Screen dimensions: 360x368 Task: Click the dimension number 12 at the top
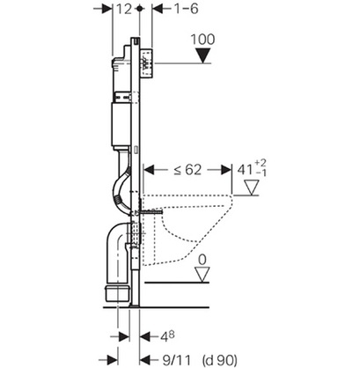pos(124,9)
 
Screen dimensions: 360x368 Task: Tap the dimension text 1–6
pos(187,9)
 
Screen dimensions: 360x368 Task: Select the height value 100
pos(202,40)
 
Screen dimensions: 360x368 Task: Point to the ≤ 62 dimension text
pos(187,170)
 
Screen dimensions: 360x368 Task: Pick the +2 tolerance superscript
pos(261,163)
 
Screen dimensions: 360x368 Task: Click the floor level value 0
pos(202,260)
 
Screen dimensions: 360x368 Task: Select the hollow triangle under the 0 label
pos(202,275)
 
